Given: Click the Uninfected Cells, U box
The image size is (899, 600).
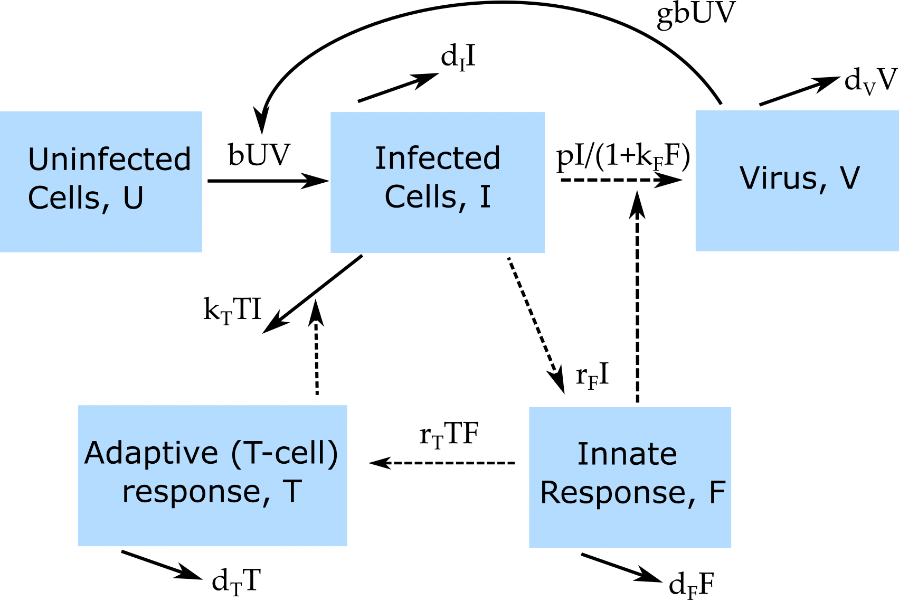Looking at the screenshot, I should [x=101, y=181].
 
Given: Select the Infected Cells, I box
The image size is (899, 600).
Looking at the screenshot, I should [x=438, y=182].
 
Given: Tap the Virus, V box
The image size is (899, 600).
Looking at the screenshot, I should [x=797, y=180].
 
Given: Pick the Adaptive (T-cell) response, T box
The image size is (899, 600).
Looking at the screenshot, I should [x=212, y=475].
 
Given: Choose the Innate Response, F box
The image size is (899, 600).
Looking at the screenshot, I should [x=630, y=477].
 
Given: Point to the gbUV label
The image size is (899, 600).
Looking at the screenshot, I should [x=695, y=14].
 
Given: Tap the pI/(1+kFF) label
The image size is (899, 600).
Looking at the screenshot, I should [x=623, y=156].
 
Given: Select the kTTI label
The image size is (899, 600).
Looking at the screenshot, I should [x=232, y=310].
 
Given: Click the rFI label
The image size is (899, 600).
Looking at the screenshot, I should [x=592, y=376].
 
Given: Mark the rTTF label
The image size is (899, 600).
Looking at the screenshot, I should [x=449, y=435].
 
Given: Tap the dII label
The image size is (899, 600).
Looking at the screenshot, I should [x=458, y=57].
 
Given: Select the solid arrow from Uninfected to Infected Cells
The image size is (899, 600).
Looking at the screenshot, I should [x=268, y=181].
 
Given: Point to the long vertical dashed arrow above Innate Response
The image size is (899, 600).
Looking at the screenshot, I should [x=638, y=296].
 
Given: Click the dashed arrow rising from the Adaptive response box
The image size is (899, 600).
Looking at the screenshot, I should [x=316, y=349].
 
